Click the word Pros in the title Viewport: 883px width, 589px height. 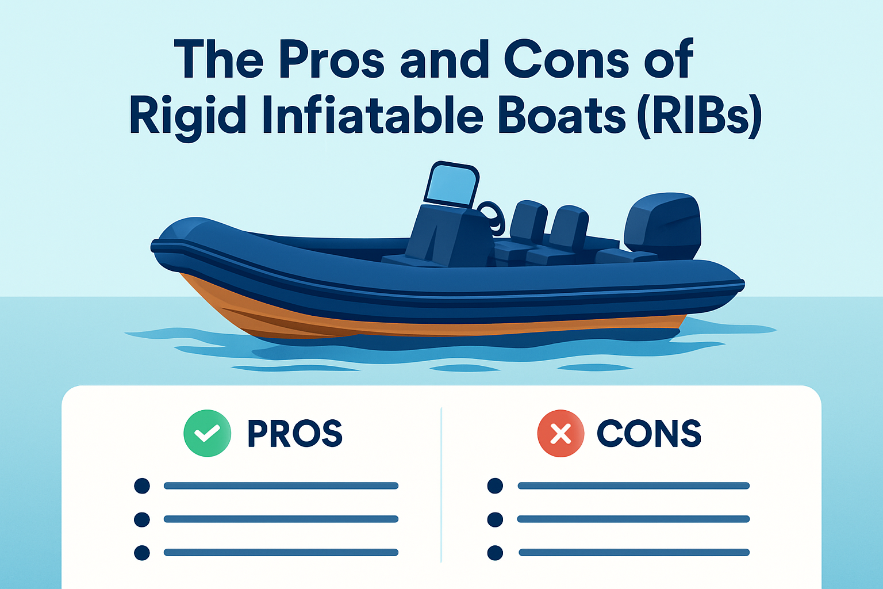(x=332, y=60)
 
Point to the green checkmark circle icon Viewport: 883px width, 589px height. (x=207, y=433)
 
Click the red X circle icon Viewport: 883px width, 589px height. (x=560, y=433)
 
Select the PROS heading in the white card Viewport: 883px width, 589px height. (x=295, y=434)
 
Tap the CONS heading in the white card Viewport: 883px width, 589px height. (x=649, y=434)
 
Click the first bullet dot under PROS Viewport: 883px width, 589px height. (x=142, y=486)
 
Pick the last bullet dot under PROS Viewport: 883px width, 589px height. (x=142, y=553)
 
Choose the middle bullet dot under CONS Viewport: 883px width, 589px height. (x=495, y=519)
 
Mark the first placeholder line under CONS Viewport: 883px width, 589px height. (x=634, y=486)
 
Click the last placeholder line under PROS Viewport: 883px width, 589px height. (x=281, y=553)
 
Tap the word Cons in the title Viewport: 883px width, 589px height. (x=566, y=60)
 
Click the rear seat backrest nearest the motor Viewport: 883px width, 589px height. (x=569, y=227)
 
